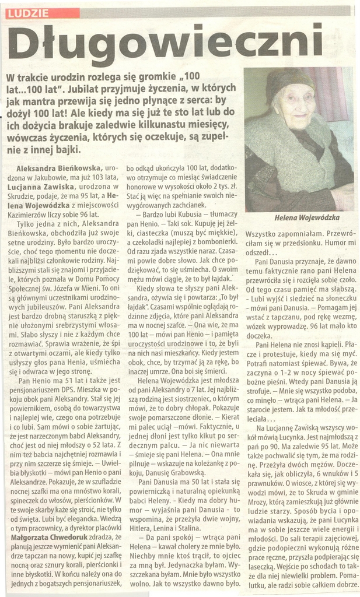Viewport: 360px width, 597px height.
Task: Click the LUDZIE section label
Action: pyautogui.click(x=29, y=13)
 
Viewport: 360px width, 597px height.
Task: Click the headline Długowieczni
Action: pyautogui.click(x=165, y=43)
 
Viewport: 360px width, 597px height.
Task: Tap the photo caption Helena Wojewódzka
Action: pyautogui.click(x=306, y=217)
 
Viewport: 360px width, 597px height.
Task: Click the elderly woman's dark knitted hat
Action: pyautogui.click(x=289, y=81)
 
